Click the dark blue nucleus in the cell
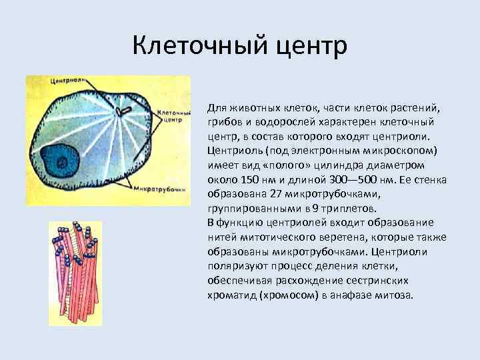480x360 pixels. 63,161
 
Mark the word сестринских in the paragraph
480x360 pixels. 384,280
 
